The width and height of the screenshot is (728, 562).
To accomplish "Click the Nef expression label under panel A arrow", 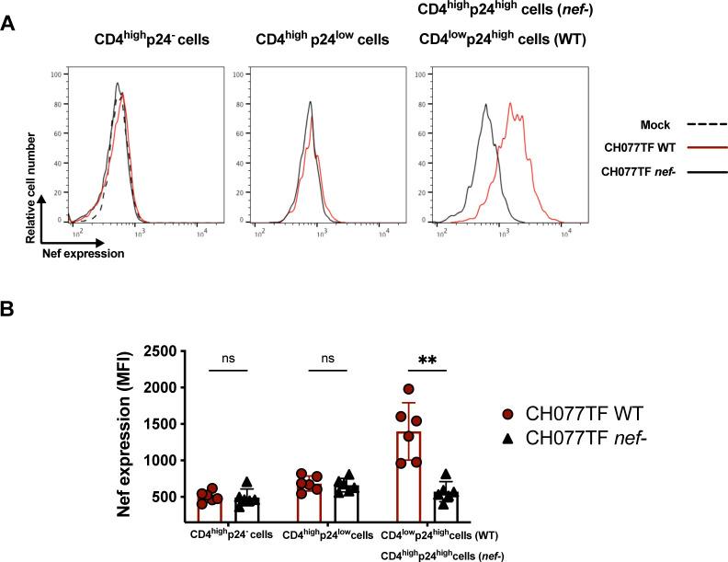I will pos(83,253).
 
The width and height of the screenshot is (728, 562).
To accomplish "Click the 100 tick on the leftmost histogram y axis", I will pos(54,74).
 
